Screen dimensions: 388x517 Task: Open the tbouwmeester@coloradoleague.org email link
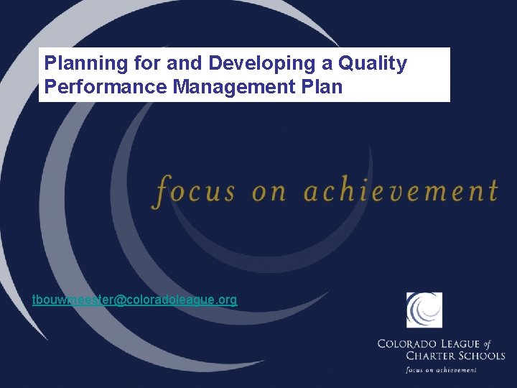[x=134, y=300]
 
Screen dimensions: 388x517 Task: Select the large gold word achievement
[x=401, y=190]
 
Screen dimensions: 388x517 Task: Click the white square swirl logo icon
[x=424, y=310]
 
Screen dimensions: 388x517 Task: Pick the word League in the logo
[x=465, y=344]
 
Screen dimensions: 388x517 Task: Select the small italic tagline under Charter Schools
[x=441, y=369]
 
